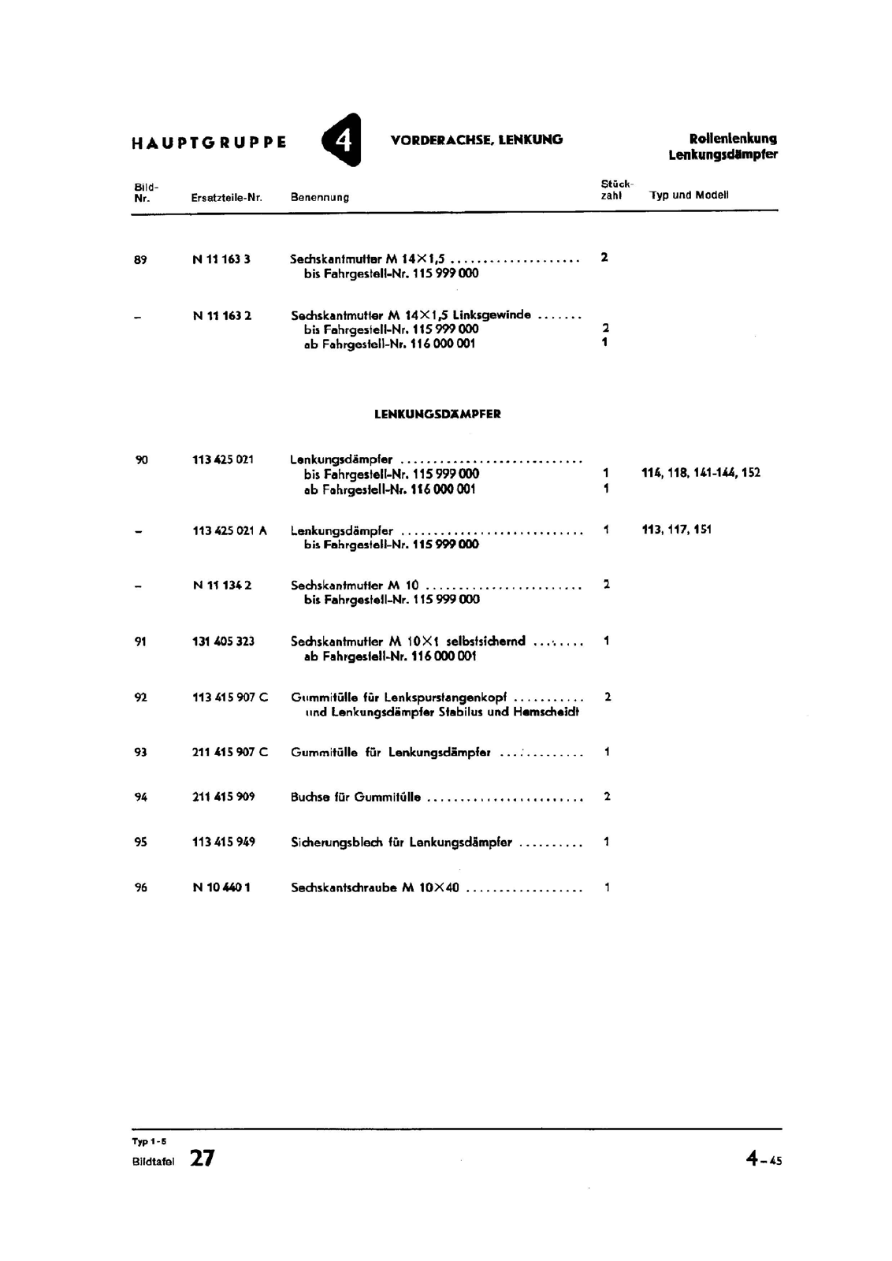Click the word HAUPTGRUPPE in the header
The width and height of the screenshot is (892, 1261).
pos(209,143)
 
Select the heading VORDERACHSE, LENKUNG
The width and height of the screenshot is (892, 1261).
pos(476,139)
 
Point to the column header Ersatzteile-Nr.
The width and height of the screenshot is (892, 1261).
pos(226,197)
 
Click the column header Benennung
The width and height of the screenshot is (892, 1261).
pos(319,197)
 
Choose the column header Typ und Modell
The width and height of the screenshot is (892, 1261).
pos(689,195)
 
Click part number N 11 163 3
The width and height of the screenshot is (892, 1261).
pos(221,259)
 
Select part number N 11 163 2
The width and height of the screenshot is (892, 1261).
pos(222,315)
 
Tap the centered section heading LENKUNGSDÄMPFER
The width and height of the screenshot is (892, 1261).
pos(437,414)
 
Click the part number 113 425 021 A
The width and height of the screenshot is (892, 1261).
pos(229,530)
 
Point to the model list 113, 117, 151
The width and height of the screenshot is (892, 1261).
pos(676,530)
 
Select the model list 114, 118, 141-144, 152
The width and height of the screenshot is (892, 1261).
pos(701,473)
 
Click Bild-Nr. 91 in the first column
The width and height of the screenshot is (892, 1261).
pos(140,642)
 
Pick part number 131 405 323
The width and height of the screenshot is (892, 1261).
pos(223,642)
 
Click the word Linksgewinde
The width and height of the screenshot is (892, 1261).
pos(492,314)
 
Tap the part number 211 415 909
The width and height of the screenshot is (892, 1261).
pos(223,797)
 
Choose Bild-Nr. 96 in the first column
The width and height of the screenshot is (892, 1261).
pos(140,887)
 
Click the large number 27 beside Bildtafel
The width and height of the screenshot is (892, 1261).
pos(202,1158)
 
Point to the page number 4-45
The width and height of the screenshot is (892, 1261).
pos(764,1159)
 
